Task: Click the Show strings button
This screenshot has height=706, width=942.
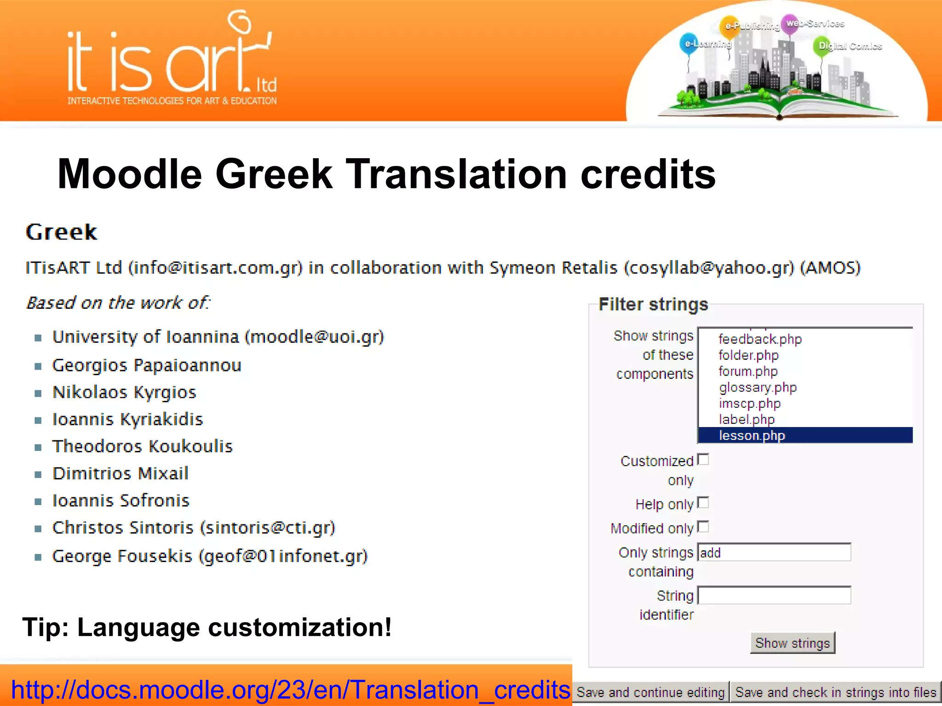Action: tap(792, 643)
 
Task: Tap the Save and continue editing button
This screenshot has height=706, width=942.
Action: tap(650, 692)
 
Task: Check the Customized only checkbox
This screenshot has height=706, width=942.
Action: tap(703, 460)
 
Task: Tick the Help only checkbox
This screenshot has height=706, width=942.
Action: tap(703, 503)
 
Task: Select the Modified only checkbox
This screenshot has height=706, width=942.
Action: tap(703, 527)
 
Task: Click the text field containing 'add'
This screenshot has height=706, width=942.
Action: tap(774, 552)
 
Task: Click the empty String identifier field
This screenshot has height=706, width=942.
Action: tap(774, 596)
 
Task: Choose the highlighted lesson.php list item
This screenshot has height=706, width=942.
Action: tap(752, 435)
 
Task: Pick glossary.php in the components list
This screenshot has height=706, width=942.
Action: tap(758, 387)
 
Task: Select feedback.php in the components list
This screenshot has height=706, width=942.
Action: tap(760, 339)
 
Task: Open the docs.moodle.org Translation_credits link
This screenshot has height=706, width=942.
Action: tap(290, 690)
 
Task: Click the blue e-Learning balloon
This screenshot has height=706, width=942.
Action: tap(688, 44)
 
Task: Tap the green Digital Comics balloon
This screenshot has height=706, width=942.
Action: tap(821, 46)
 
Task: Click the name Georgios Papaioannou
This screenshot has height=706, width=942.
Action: tap(147, 365)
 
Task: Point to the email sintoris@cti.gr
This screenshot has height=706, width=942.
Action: tap(268, 528)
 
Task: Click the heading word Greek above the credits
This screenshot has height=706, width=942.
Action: tap(61, 232)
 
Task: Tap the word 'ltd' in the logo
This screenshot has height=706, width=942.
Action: tap(266, 85)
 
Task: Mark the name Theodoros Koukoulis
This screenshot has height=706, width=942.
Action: tap(143, 446)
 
